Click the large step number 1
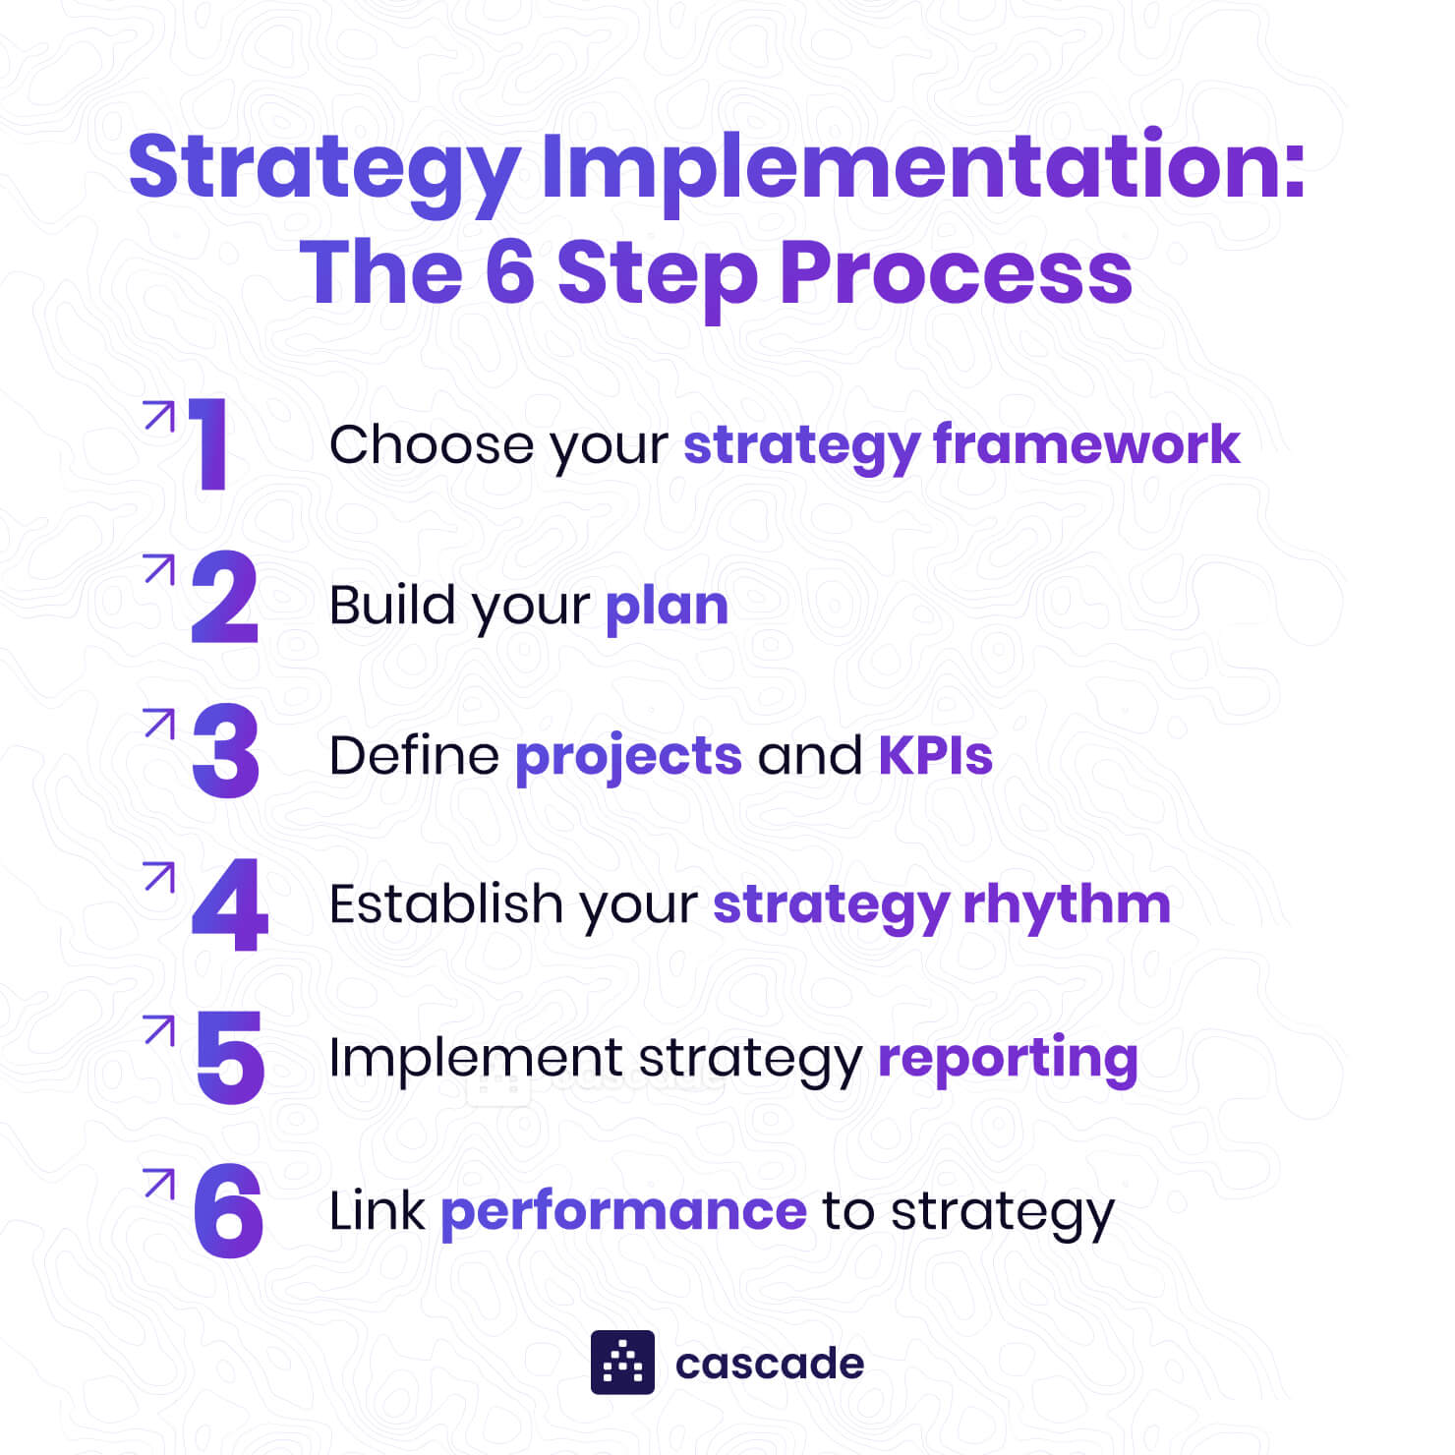pyautogui.click(x=208, y=443)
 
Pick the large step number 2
pyautogui.click(x=225, y=598)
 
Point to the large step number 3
pyautogui.click(x=226, y=751)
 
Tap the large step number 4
pyautogui.click(x=229, y=905)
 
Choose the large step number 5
pyautogui.click(x=230, y=1058)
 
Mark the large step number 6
pyautogui.click(x=229, y=1211)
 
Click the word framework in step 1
pyautogui.click(x=1086, y=444)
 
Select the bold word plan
pyautogui.click(x=667, y=605)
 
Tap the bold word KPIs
pyautogui.click(x=935, y=755)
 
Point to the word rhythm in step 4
pyautogui.click(x=1067, y=903)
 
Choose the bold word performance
pyautogui.click(x=623, y=1211)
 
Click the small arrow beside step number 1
pyautogui.click(x=158, y=416)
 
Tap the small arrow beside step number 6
pyautogui.click(x=158, y=1183)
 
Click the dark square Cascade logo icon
pyautogui.click(x=622, y=1363)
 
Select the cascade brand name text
pyautogui.click(x=770, y=1364)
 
